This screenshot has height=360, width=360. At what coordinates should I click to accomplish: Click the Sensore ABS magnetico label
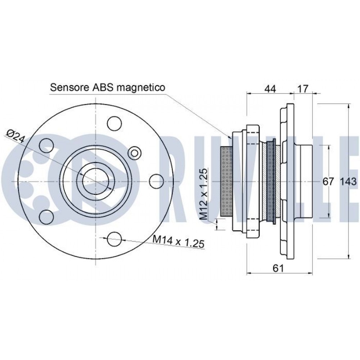coord(107,87)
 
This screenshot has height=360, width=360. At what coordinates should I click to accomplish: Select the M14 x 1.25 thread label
coord(179,241)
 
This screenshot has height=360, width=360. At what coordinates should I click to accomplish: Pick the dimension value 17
coord(303,89)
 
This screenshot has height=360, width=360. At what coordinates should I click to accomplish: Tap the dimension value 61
coord(278,268)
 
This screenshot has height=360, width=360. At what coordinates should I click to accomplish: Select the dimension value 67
coord(328,182)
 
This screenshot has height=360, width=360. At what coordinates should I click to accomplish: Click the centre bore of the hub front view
coord(96,181)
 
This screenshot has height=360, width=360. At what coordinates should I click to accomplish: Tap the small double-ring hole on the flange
coord(135,153)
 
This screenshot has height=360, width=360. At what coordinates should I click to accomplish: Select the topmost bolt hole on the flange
coord(115,123)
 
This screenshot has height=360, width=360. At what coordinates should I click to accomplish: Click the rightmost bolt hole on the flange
coord(156,181)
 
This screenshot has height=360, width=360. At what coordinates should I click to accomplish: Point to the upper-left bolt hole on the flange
coord(47,145)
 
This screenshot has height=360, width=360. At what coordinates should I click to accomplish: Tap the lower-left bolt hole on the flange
coord(47,217)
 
